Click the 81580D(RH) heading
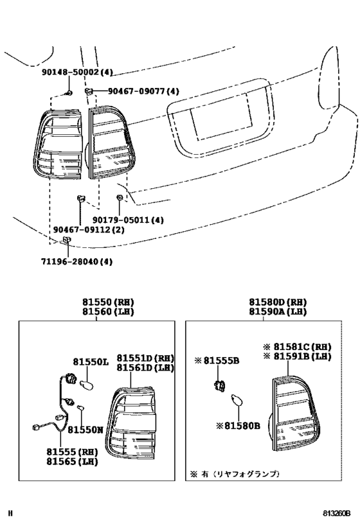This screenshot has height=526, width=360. click(x=278, y=302)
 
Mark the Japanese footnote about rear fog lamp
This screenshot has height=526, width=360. click(x=235, y=474)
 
